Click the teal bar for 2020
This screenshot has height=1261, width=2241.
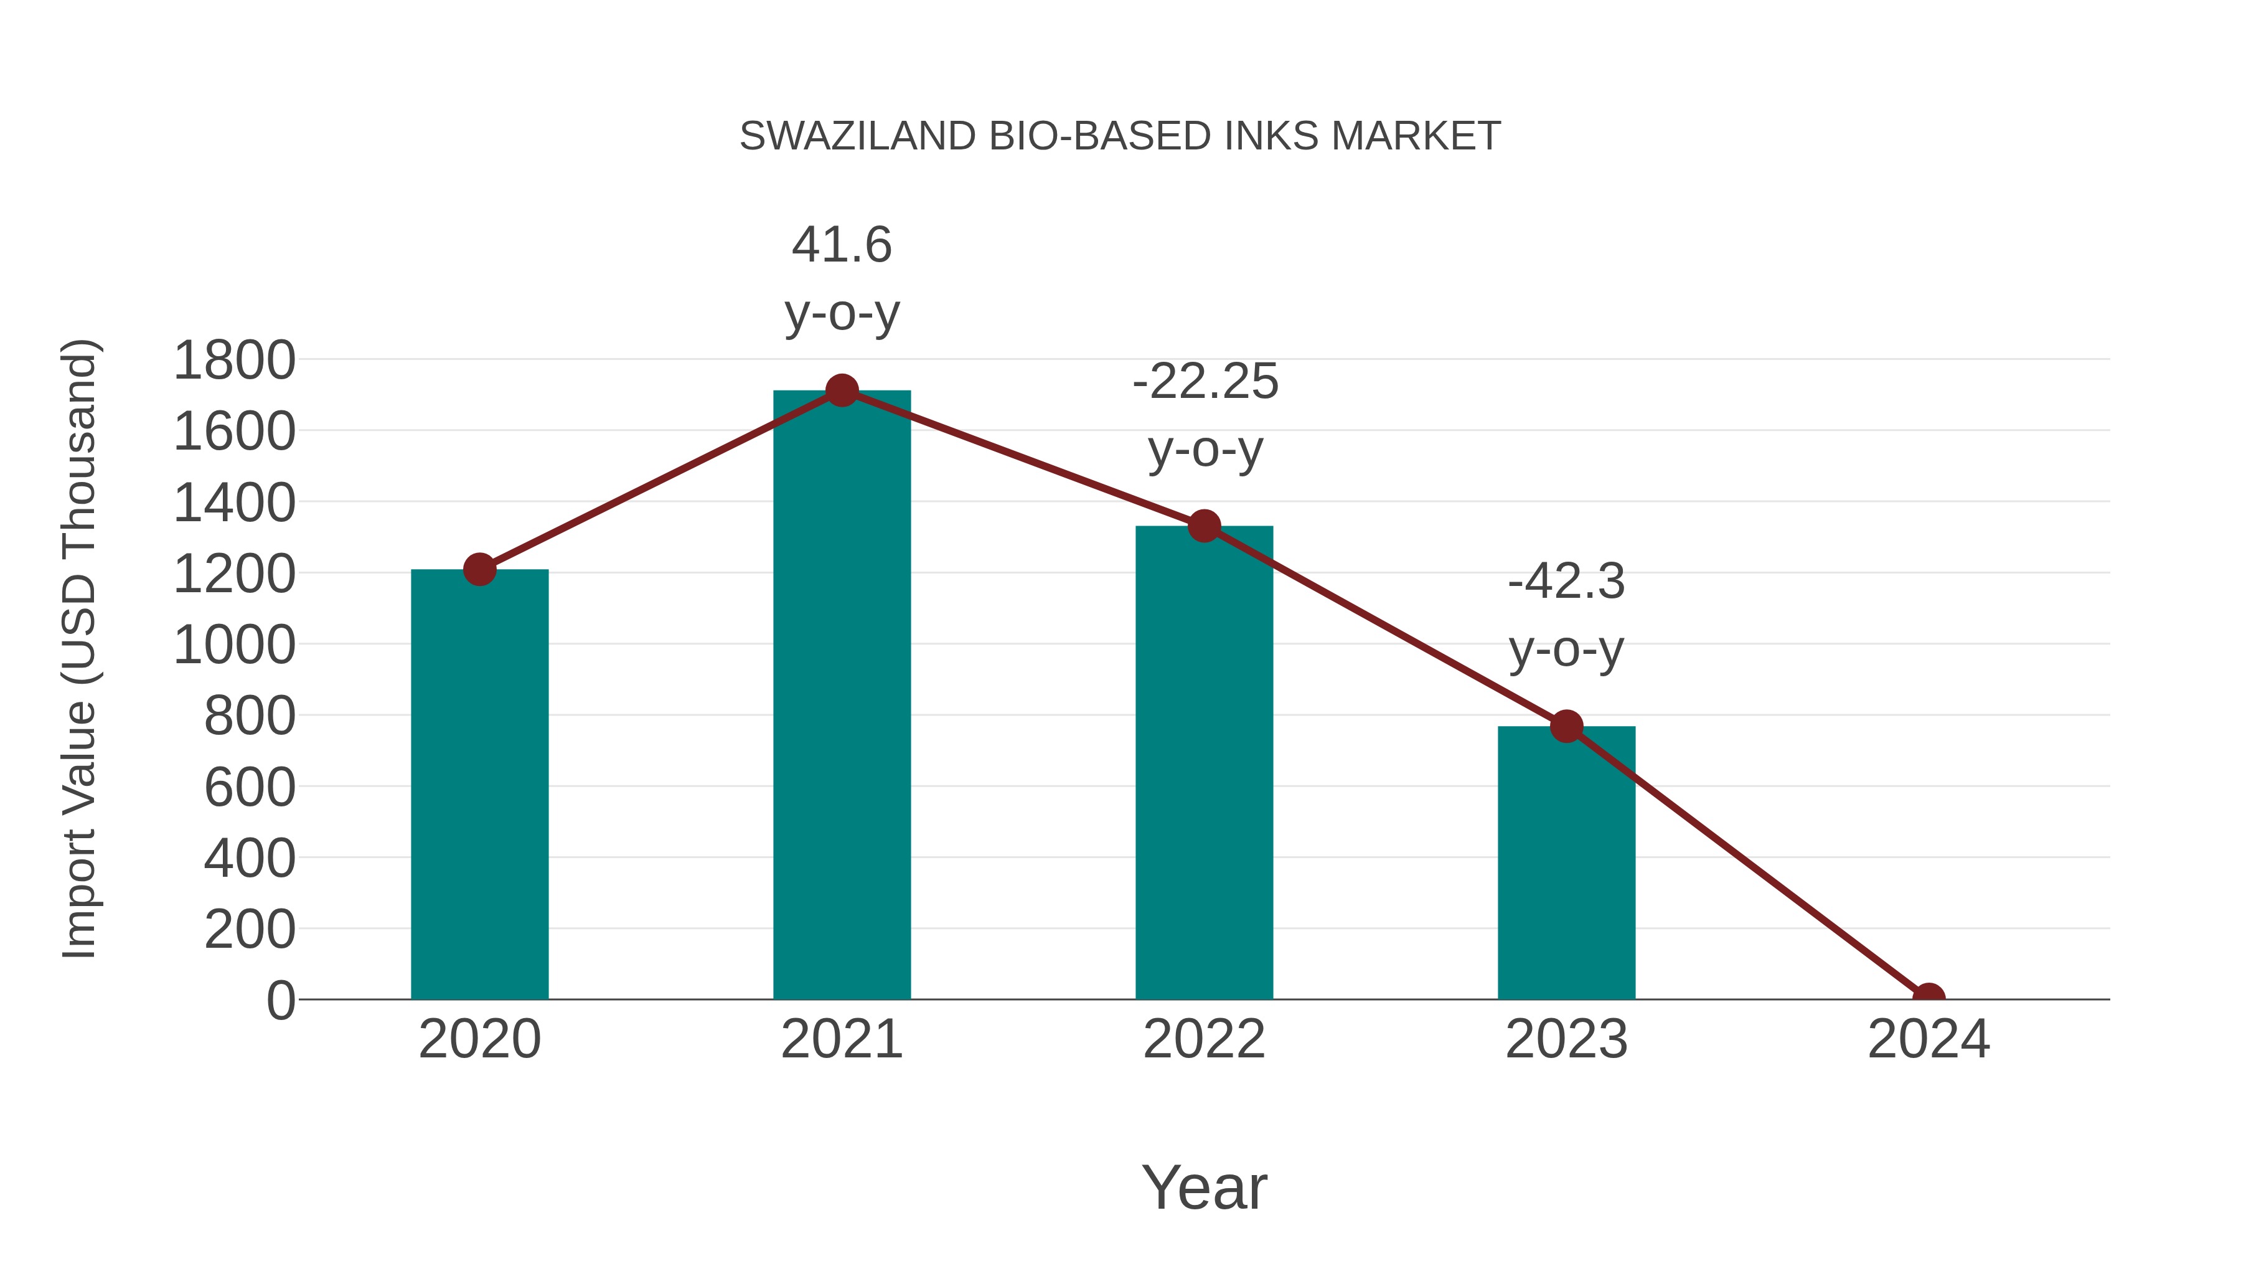(x=479, y=783)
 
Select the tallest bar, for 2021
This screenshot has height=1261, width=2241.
(x=841, y=696)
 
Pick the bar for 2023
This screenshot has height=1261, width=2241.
(x=1566, y=862)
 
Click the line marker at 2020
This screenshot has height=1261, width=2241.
(x=479, y=570)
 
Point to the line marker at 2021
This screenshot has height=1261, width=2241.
(x=841, y=390)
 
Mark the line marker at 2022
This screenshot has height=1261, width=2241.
(x=1203, y=526)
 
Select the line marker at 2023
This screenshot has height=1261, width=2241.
(x=1566, y=726)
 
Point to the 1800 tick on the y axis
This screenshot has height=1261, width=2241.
(x=234, y=361)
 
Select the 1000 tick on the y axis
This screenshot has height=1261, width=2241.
(x=234, y=645)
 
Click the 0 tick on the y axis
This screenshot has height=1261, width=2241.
(x=280, y=1000)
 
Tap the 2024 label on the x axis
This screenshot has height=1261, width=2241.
(x=1928, y=1039)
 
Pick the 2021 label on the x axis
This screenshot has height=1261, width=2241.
(x=841, y=1039)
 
